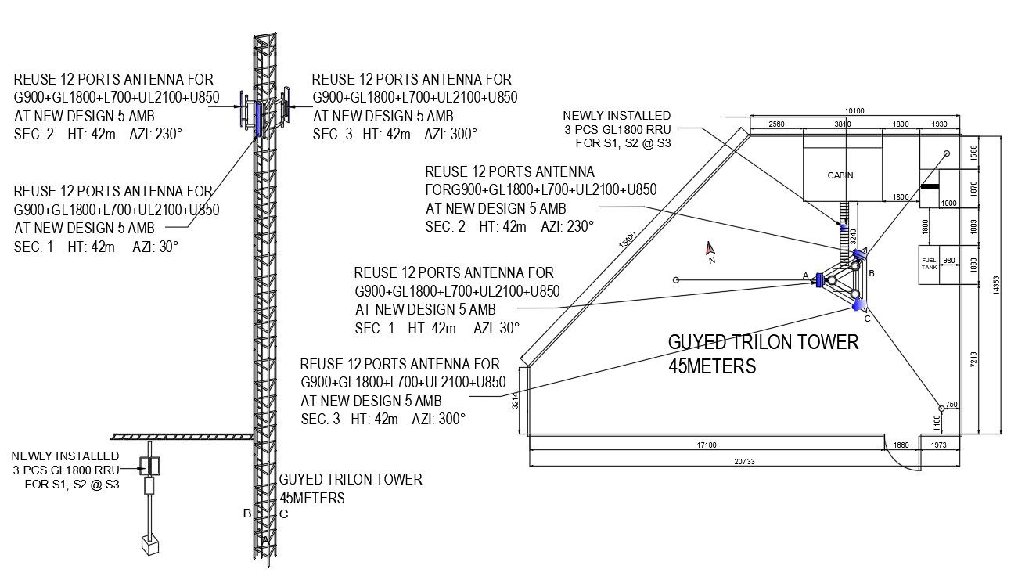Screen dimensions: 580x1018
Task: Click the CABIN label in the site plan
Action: pos(840,175)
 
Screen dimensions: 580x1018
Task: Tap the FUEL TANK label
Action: pos(929,264)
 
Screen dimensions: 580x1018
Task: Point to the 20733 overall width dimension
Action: pos(744,461)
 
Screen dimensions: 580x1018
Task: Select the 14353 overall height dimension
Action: pos(995,283)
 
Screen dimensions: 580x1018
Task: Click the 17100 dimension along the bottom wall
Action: pos(706,445)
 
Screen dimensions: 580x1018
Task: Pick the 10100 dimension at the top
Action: pos(854,111)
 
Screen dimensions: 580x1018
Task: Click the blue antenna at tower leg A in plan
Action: pos(818,279)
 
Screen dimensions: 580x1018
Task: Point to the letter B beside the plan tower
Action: pos(871,272)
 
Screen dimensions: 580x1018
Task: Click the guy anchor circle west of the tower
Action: pos(676,279)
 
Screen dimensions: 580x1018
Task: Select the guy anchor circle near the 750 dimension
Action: pos(941,408)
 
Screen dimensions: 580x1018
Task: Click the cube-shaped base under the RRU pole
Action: pos(150,545)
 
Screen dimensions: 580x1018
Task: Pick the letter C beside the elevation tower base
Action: pos(283,514)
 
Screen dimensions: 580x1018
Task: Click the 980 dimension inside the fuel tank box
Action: pos(948,260)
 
